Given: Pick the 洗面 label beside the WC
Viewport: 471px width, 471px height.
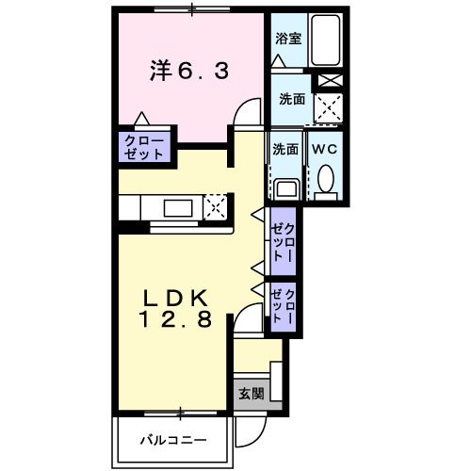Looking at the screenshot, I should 285,149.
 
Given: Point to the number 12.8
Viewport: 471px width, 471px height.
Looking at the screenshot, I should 175,320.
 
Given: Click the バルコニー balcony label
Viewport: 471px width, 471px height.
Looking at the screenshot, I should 173,439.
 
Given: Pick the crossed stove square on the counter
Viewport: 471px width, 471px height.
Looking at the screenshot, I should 217,206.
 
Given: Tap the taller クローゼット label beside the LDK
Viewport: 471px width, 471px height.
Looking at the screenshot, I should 284,241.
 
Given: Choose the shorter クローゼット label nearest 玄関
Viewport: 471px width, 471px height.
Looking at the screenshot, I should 284,307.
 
